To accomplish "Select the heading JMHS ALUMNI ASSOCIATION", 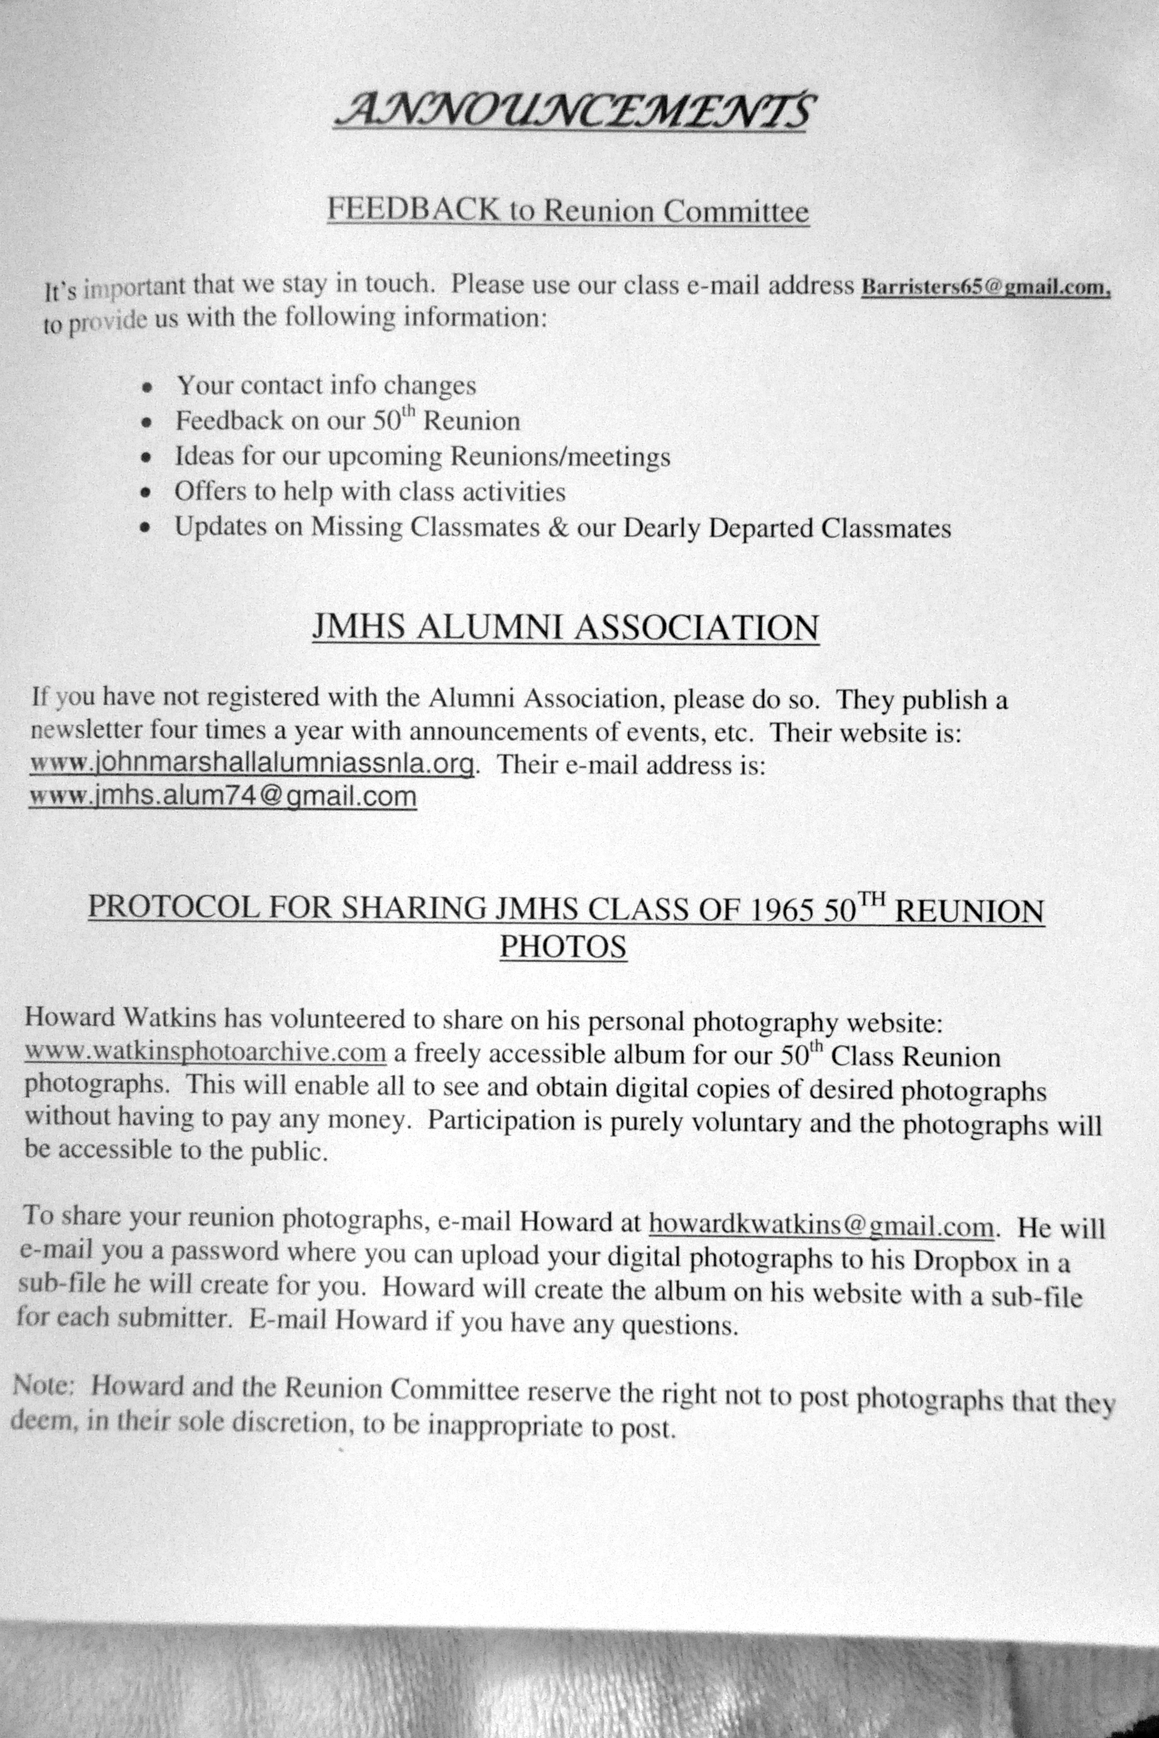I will [565, 628].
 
